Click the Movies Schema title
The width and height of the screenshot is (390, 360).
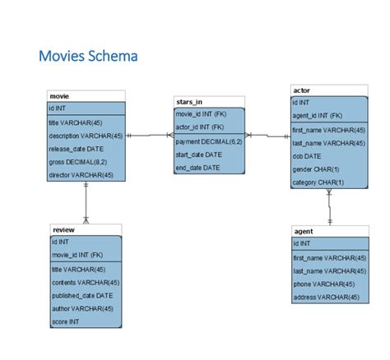(x=88, y=57)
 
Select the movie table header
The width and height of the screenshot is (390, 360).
(x=59, y=96)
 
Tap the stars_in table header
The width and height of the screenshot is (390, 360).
(x=189, y=101)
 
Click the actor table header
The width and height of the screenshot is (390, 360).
(x=301, y=89)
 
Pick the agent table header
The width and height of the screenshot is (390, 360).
(x=304, y=232)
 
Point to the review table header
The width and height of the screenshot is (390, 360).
(x=63, y=229)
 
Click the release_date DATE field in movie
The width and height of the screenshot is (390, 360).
(x=77, y=149)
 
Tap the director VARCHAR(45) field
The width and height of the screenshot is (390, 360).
(x=81, y=175)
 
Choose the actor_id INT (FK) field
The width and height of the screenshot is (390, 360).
(x=200, y=127)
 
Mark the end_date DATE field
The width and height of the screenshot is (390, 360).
(x=198, y=168)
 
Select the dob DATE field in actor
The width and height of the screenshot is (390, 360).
(x=307, y=156)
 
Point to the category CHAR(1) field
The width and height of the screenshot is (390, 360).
(x=318, y=182)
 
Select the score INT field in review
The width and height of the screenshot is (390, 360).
(x=66, y=321)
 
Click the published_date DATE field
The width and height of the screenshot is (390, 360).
(x=82, y=295)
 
